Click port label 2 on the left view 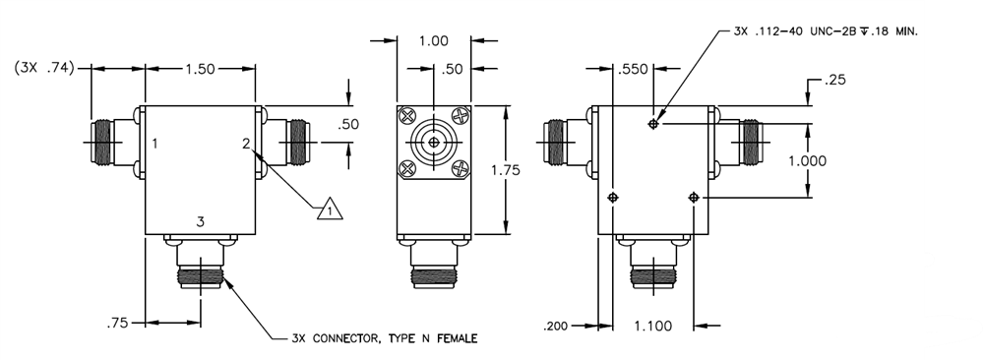pyautogui.click(x=246, y=144)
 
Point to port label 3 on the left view pyautogui.click(x=200, y=223)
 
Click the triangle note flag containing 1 pyautogui.click(x=331, y=209)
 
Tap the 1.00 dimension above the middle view pyautogui.click(x=433, y=41)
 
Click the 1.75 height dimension pyautogui.click(x=506, y=169)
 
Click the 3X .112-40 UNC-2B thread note pyautogui.click(x=825, y=31)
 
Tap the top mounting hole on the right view pyautogui.click(x=653, y=123)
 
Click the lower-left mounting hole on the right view pyautogui.click(x=613, y=198)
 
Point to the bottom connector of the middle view pyautogui.click(x=433, y=270)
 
